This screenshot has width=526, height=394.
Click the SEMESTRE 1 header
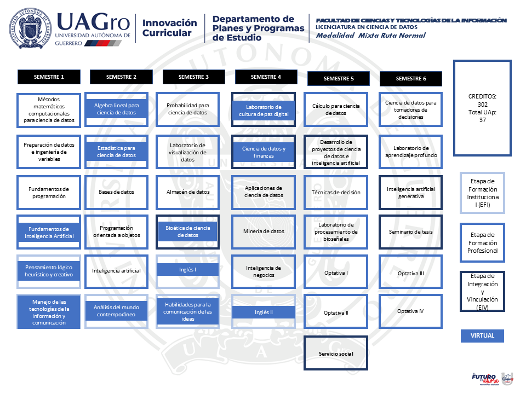click(x=49, y=77)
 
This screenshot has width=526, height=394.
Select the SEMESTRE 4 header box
click(x=266, y=77)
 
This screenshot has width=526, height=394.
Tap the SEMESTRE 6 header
click(x=410, y=78)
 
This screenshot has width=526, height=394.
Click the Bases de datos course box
click(x=116, y=192)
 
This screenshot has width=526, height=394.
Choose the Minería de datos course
click(x=264, y=231)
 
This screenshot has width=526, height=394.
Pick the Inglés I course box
click(x=187, y=270)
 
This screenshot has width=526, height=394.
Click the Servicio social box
click(x=336, y=354)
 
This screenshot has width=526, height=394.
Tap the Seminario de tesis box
click(x=410, y=231)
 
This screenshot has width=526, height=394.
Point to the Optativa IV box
click(x=410, y=311)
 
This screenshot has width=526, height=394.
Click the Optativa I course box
click(x=336, y=272)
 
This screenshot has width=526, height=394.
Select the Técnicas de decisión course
click(x=336, y=193)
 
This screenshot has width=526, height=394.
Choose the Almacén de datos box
click(x=187, y=192)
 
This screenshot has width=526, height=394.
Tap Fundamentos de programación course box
click(x=49, y=192)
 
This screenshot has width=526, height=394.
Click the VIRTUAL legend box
click(x=482, y=335)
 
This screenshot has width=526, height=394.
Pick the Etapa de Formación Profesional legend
click(x=482, y=242)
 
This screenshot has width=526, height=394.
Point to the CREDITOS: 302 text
click(x=482, y=100)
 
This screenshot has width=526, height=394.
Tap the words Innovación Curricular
click(x=169, y=28)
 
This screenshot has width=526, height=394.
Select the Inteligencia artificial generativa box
click(x=410, y=193)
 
